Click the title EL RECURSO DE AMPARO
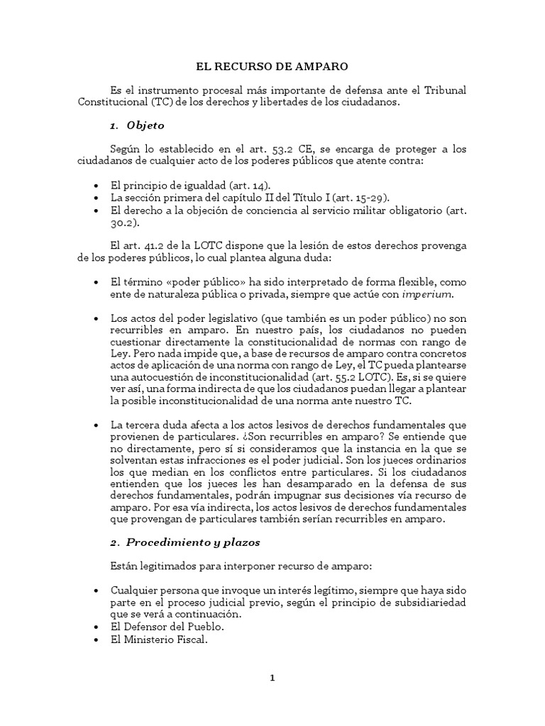[x=272, y=67]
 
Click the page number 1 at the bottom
[x=272, y=678]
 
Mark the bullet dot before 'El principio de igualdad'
[x=96, y=185]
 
